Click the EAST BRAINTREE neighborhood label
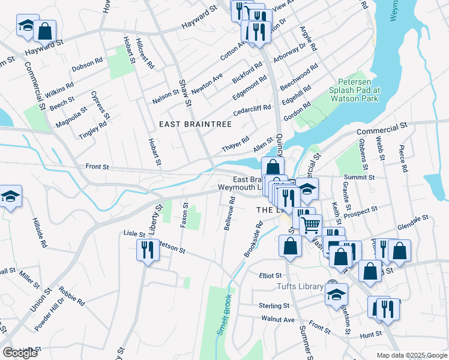[x=195, y=124]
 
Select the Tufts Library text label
[x=300, y=287]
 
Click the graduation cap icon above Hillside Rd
[x=10, y=197]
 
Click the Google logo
[x=20, y=353]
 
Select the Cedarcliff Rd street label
[x=252, y=110]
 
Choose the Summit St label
[x=360, y=178]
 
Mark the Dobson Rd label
[x=87, y=68]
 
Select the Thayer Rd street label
[x=235, y=144]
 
